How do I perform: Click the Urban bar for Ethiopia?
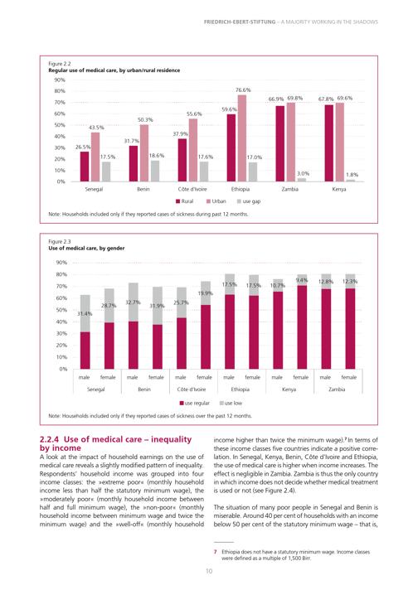242,138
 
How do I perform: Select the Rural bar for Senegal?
85,167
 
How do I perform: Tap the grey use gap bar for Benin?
155,172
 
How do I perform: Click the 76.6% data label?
243,90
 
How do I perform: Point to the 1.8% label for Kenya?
352,175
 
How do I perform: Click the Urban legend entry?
216,201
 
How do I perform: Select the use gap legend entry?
249,201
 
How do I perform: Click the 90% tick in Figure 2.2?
60,80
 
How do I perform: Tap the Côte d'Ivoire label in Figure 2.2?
192,189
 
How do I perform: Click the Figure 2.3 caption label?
60,242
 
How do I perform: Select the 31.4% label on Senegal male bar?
85,313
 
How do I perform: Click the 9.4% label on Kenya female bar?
302,280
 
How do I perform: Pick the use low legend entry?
231,403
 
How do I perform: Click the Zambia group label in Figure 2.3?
337,389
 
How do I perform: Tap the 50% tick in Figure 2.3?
61,310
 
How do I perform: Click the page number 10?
209,571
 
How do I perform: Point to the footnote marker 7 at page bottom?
216,552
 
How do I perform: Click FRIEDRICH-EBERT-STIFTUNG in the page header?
240,22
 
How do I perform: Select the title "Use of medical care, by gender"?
86,249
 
